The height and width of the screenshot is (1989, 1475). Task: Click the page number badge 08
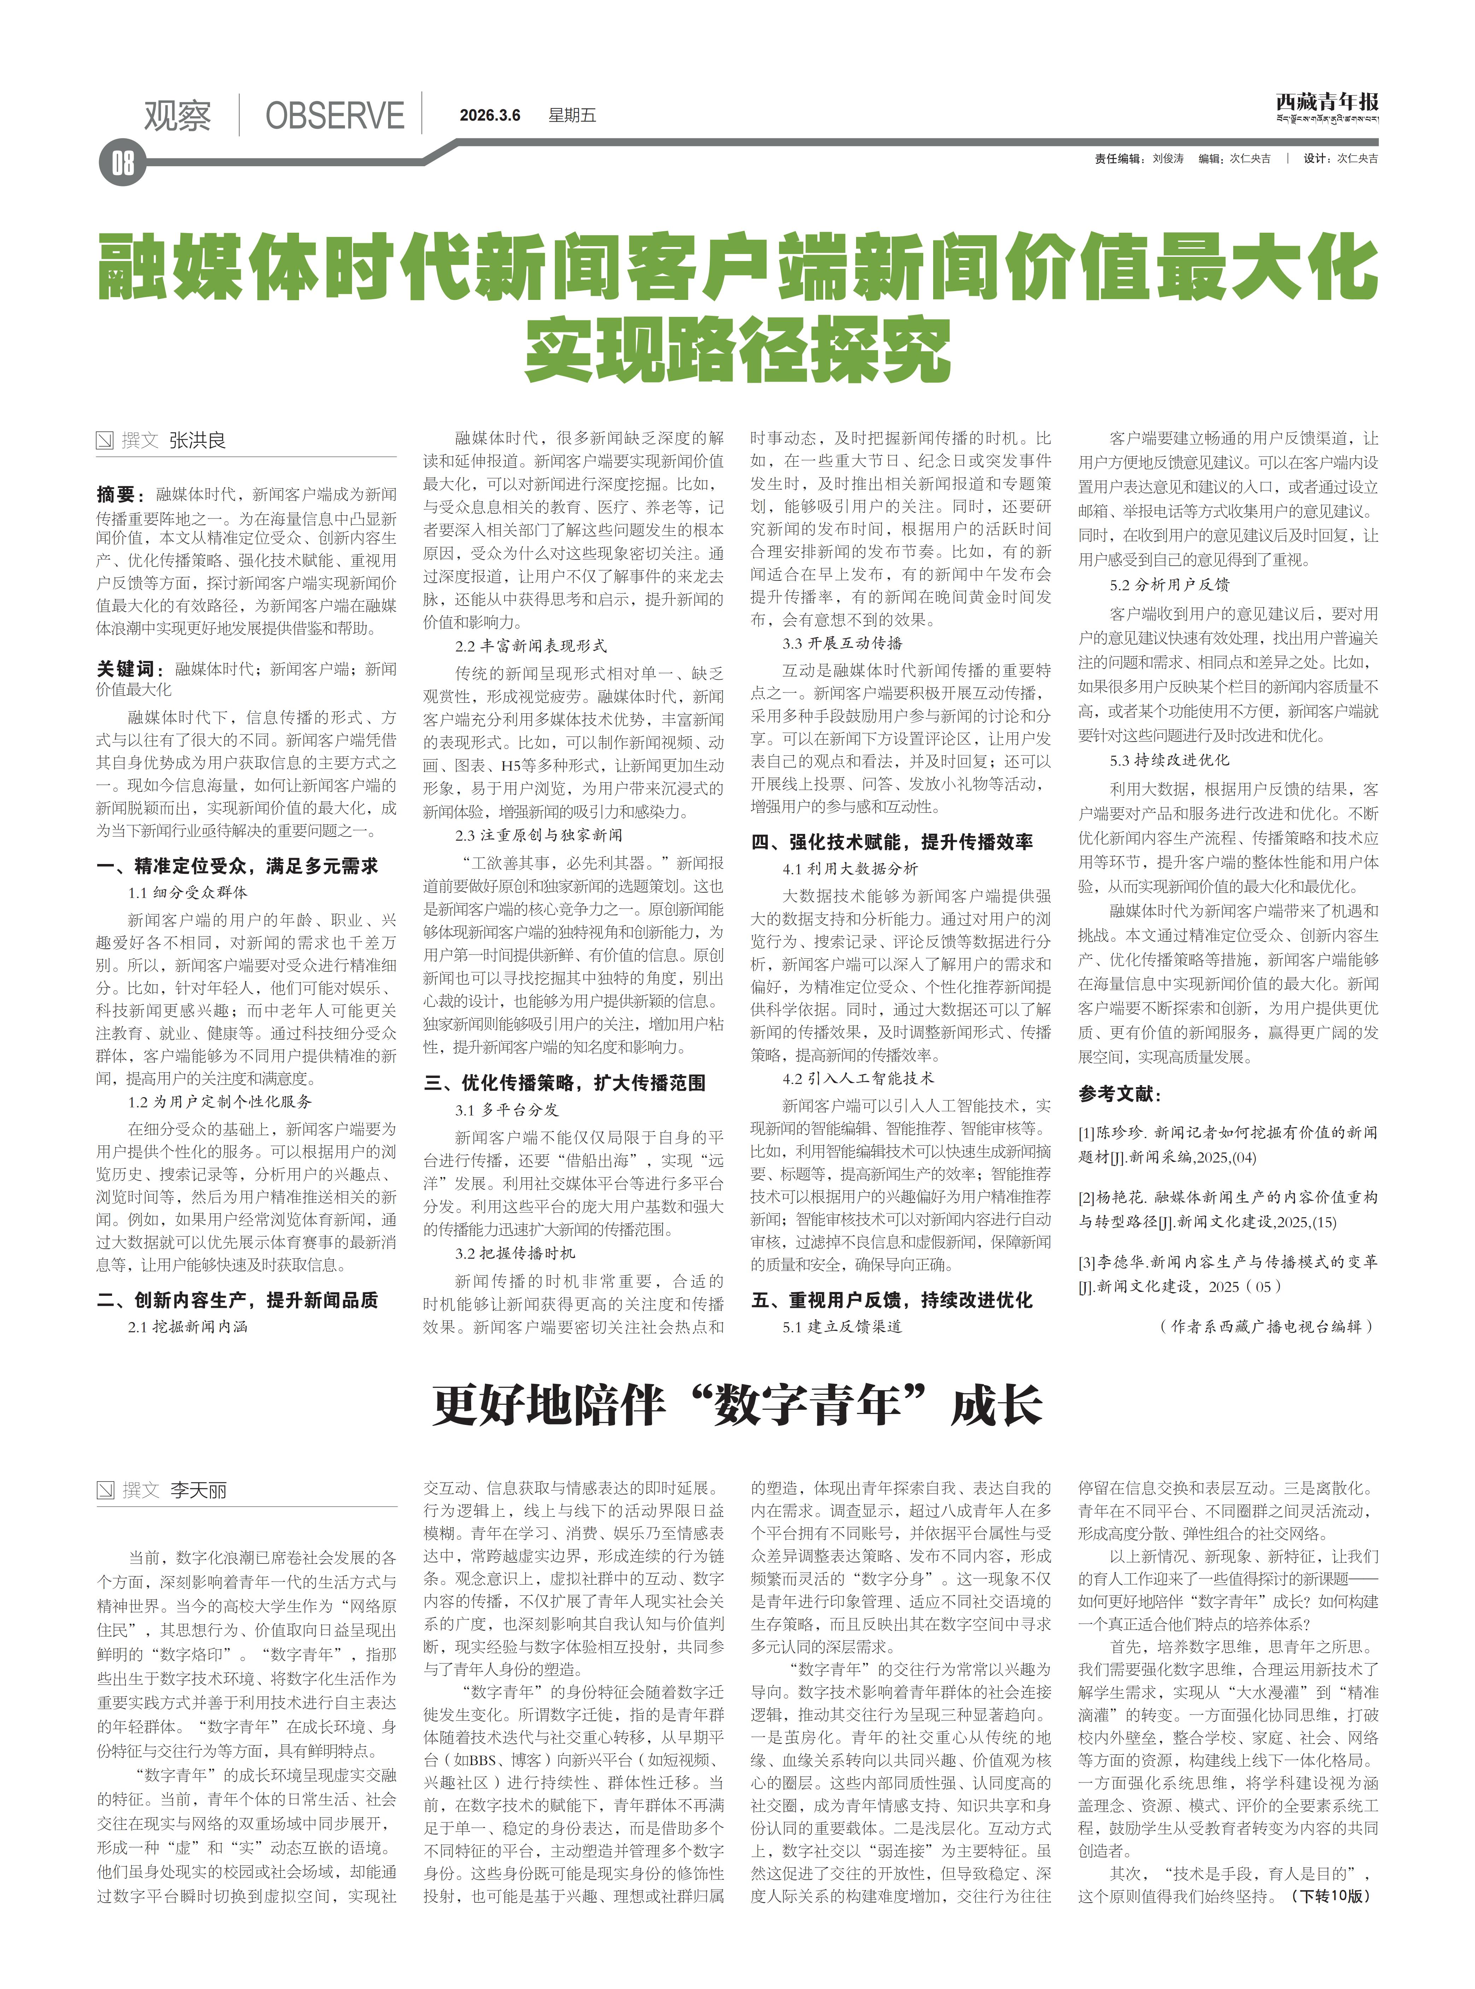pos(122,163)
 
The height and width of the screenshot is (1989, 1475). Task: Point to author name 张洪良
pos(197,440)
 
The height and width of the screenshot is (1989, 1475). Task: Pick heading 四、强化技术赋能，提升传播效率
pos(892,841)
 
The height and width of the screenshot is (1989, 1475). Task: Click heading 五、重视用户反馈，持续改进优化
pos(892,1299)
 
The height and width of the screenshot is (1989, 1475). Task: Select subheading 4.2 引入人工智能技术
pos(858,1078)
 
